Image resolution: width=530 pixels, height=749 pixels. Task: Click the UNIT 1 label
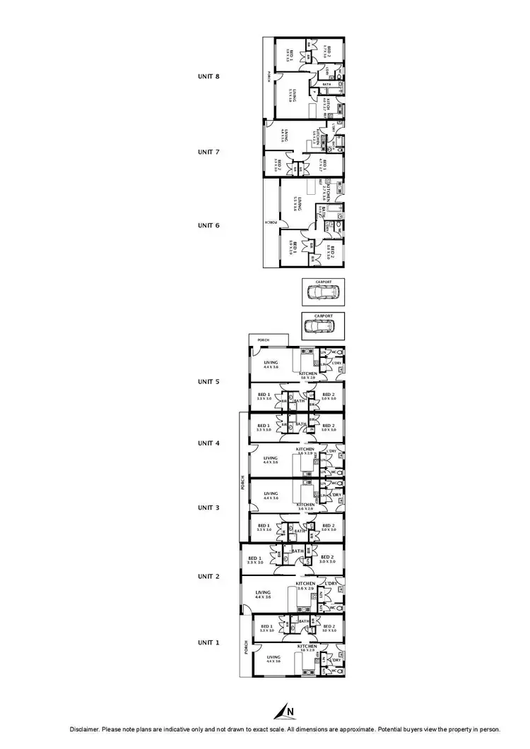point(208,642)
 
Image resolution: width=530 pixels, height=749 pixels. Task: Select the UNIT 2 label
point(208,577)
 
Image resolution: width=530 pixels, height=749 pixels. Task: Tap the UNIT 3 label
point(208,508)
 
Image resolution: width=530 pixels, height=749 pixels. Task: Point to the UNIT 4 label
point(208,443)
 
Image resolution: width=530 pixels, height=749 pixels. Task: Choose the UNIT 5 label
point(208,381)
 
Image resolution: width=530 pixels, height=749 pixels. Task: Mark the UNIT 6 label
point(208,225)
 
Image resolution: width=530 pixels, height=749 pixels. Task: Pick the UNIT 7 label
point(208,152)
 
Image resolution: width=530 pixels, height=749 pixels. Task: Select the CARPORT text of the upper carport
point(324,281)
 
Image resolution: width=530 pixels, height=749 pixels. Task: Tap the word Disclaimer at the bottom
point(86,729)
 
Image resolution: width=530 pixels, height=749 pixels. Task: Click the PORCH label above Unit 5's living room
point(264,340)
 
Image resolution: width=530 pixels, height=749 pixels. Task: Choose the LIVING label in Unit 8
point(292,94)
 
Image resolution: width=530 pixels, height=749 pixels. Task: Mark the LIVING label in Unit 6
point(300,203)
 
